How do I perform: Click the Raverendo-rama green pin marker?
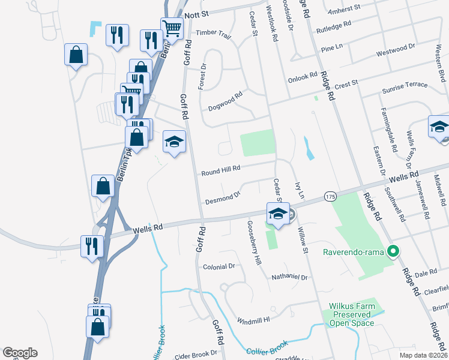click(x=394, y=251)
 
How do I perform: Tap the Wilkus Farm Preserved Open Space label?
click(x=352, y=314)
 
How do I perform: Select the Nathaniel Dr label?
click(x=289, y=278)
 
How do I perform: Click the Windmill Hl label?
click(x=253, y=320)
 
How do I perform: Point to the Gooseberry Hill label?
click(x=255, y=243)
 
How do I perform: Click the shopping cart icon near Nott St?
click(x=172, y=28)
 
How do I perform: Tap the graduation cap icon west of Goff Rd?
click(x=175, y=142)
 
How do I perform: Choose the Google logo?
click(x=20, y=353)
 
